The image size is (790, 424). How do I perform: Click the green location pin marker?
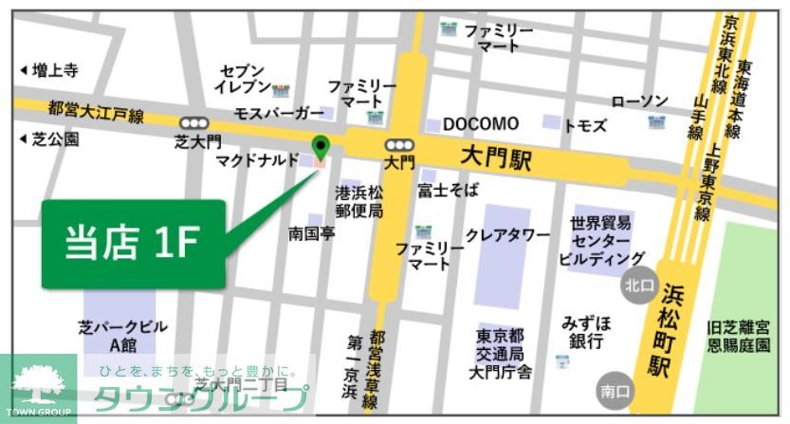[x=321, y=147]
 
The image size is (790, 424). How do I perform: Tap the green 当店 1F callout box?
[x=133, y=244]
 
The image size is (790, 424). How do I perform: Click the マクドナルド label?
[x=257, y=160]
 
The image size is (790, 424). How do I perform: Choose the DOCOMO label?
[x=481, y=124]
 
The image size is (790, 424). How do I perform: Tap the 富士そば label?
[x=449, y=191]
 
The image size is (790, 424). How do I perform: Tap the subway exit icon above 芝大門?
[x=194, y=122]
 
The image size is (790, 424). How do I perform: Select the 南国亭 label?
[x=312, y=232]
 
